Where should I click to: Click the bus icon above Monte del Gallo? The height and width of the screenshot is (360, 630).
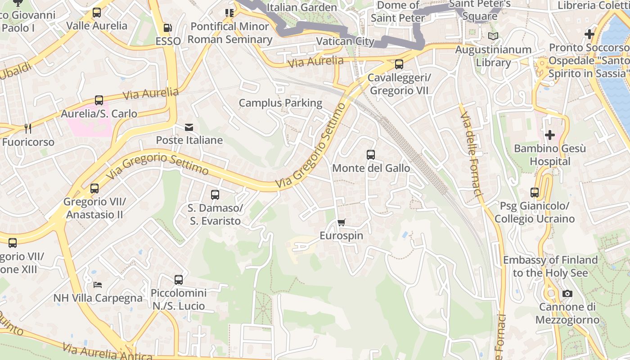pyautogui.click(x=371, y=155)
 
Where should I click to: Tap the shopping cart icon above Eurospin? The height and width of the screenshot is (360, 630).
pyautogui.click(x=342, y=222)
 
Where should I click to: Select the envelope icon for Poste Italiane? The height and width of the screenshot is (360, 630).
pyautogui.click(x=189, y=127)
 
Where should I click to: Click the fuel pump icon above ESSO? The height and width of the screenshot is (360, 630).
pyautogui.click(x=167, y=28)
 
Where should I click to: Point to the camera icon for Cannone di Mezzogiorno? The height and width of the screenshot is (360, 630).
pyautogui.click(x=567, y=294)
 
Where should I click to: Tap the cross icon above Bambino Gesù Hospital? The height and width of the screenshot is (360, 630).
pyautogui.click(x=549, y=135)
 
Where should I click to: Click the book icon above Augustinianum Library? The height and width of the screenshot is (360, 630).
pyautogui.click(x=493, y=36)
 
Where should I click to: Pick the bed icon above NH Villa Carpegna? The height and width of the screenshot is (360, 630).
pyautogui.click(x=98, y=284)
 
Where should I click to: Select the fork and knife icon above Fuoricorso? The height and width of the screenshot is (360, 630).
pyautogui.click(x=28, y=129)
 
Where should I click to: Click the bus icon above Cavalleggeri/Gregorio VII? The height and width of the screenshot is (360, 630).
pyautogui.click(x=399, y=64)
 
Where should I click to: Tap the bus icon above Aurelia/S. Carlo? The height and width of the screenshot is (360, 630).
pyautogui.click(x=99, y=100)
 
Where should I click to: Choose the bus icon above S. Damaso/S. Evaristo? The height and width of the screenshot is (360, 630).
pyautogui.click(x=215, y=195)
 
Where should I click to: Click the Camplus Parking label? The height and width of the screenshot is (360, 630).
pyautogui.click(x=280, y=103)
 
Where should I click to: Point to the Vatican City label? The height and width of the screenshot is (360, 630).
pyautogui.click(x=345, y=41)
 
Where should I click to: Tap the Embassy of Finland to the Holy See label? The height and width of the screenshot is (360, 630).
pyautogui.click(x=550, y=266)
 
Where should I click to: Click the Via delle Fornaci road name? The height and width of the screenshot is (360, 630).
pyautogui.click(x=471, y=153)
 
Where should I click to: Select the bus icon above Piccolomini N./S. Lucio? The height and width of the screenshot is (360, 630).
pyautogui.click(x=179, y=280)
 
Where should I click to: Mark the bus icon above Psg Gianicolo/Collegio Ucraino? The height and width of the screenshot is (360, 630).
pyautogui.click(x=535, y=193)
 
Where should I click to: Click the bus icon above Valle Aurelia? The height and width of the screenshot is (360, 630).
pyautogui.click(x=97, y=13)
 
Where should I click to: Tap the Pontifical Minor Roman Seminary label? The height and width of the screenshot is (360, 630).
pyautogui.click(x=230, y=33)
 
